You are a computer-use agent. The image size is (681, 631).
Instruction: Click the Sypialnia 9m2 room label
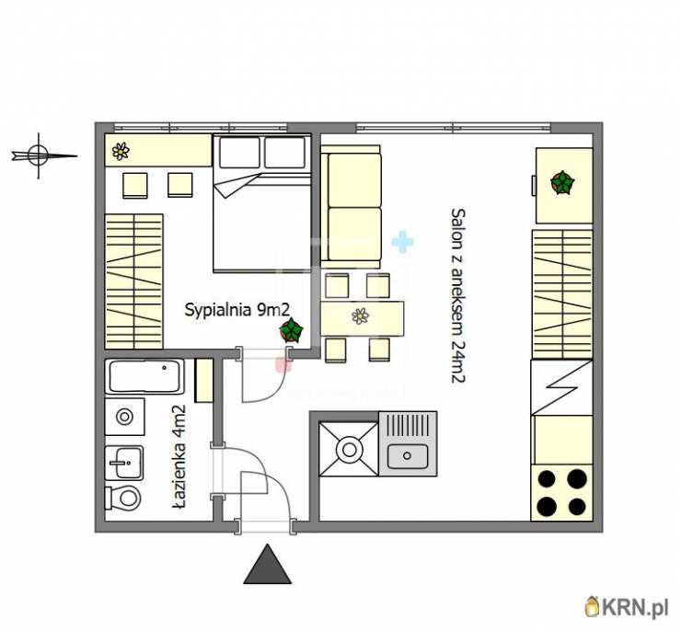coord(237,311)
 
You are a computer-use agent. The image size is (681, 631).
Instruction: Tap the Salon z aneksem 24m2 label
coord(458,296)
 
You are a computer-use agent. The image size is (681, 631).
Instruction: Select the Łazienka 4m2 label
coord(179,456)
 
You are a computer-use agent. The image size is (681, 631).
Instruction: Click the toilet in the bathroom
coord(123,498)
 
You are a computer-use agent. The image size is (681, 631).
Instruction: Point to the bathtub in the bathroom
coord(144,377)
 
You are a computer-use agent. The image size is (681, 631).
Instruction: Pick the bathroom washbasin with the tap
coord(124,463)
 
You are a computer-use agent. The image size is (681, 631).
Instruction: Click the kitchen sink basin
coord(408,456)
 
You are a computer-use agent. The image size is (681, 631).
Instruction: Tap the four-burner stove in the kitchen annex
coord(562,493)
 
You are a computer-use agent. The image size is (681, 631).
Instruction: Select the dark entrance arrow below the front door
coord(267,564)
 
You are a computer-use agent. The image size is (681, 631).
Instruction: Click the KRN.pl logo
coord(627,608)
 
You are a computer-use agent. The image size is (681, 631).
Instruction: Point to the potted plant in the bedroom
coord(291,331)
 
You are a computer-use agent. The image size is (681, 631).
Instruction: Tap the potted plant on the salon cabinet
coord(562,183)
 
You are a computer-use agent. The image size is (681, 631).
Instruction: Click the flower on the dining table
coord(360,315)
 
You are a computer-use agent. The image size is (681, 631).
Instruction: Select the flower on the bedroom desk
coord(121,151)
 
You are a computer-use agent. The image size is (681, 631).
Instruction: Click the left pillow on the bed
coord(240,152)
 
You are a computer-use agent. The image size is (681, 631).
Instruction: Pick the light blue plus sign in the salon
coord(402,242)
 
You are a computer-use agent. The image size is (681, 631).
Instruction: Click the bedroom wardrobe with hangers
coord(133,281)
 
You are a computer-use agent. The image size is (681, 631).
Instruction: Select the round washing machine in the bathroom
coord(125,417)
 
